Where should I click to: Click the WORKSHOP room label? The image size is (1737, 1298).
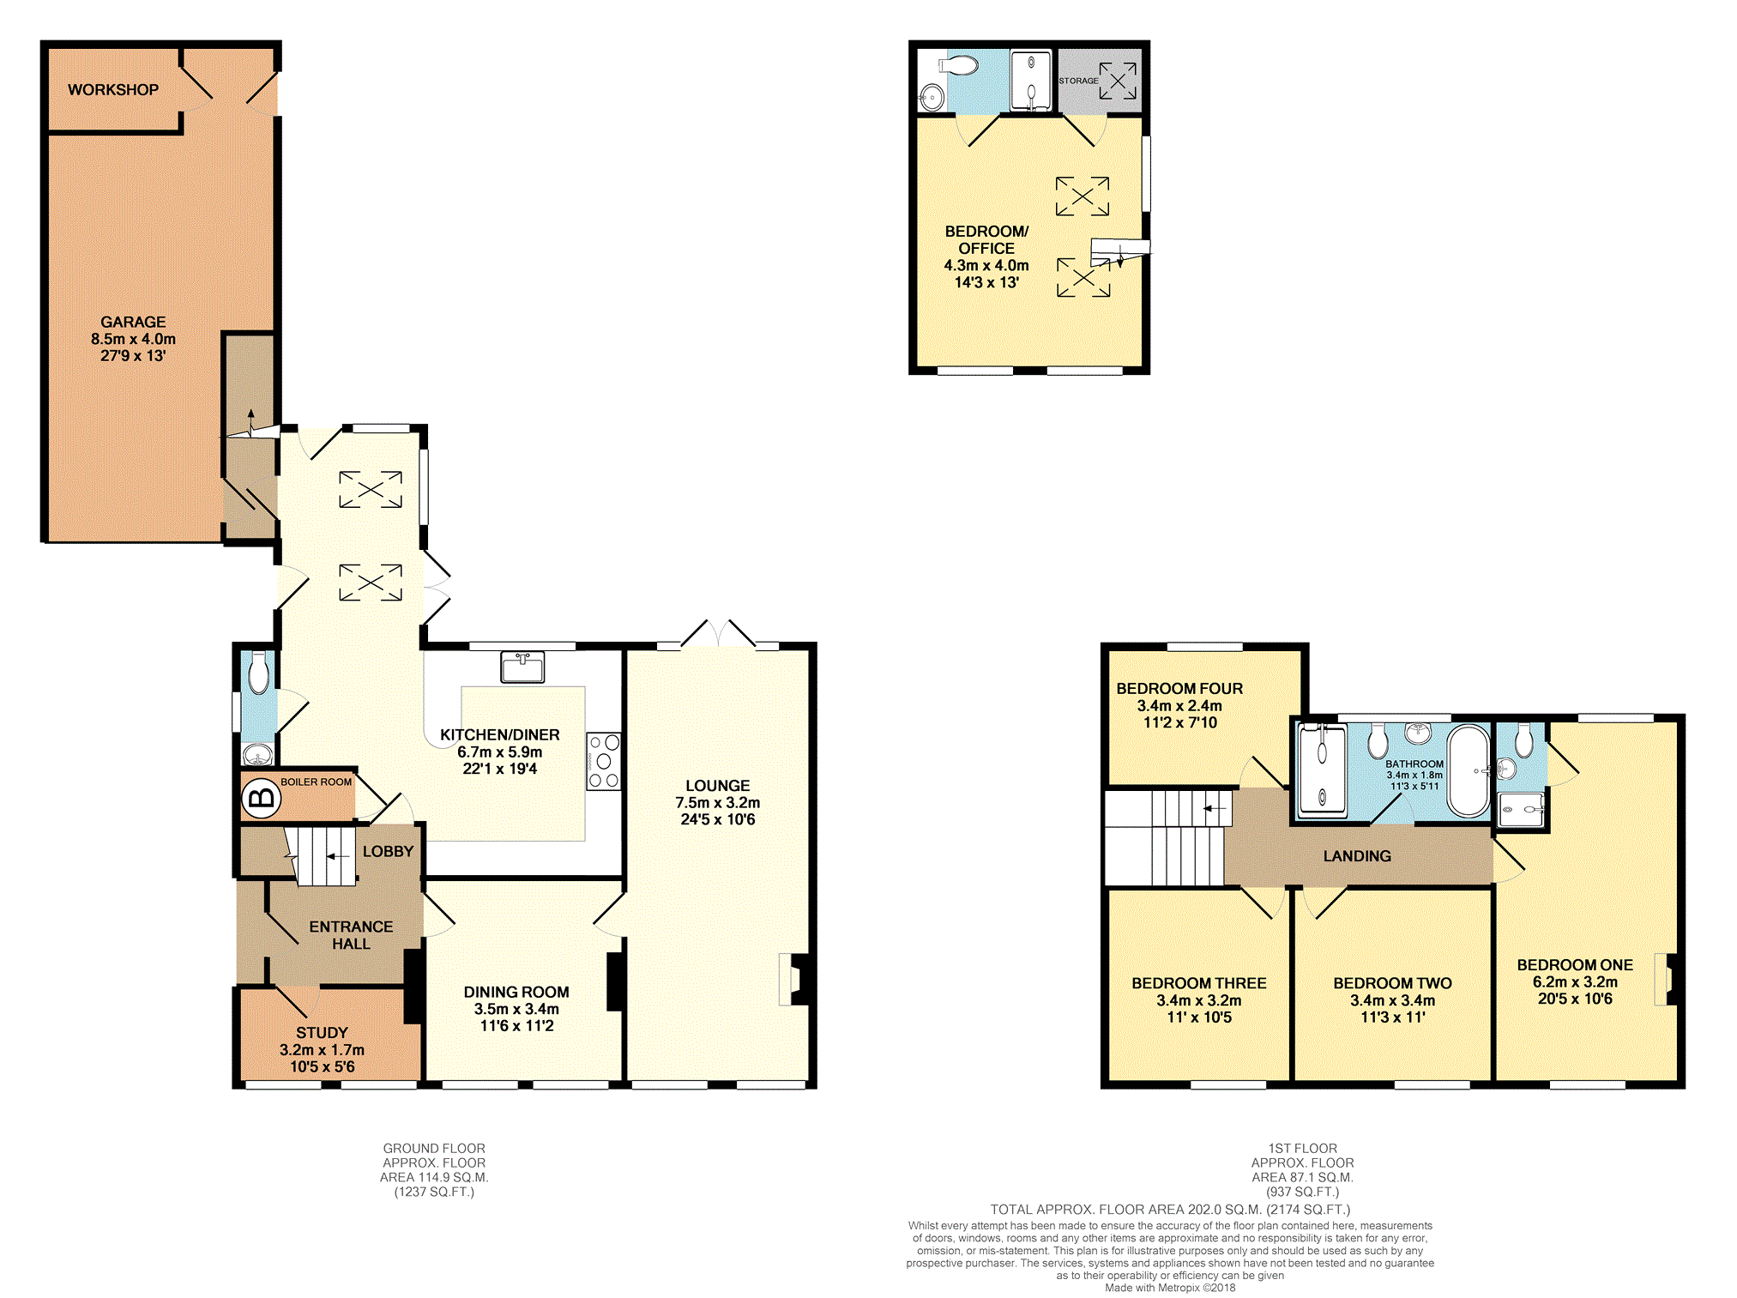[113, 89]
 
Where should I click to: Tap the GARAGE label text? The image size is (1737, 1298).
[133, 322]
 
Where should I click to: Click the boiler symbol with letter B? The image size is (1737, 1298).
[261, 799]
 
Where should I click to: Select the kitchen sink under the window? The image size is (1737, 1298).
[522, 667]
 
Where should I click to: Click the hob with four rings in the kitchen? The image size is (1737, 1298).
[604, 761]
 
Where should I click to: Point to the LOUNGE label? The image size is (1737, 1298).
[717, 785]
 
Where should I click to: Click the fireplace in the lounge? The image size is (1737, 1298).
[795, 979]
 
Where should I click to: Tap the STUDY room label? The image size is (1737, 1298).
[322, 1032]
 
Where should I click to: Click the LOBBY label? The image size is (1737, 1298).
[388, 851]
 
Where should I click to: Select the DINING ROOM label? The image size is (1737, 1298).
[516, 992]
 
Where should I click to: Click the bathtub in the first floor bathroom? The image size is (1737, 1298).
[1469, 771]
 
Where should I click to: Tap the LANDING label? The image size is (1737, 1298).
[1357, 855]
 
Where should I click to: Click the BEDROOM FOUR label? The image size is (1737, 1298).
[1179, 688]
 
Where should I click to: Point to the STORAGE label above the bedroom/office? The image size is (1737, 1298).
[1078, 81]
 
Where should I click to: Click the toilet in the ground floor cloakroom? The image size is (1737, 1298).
[258, 674]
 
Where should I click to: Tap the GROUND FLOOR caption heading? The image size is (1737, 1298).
[434, 1148]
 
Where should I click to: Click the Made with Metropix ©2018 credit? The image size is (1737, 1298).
[1170, 1287]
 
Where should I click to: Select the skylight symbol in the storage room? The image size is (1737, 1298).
[1118, 81]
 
